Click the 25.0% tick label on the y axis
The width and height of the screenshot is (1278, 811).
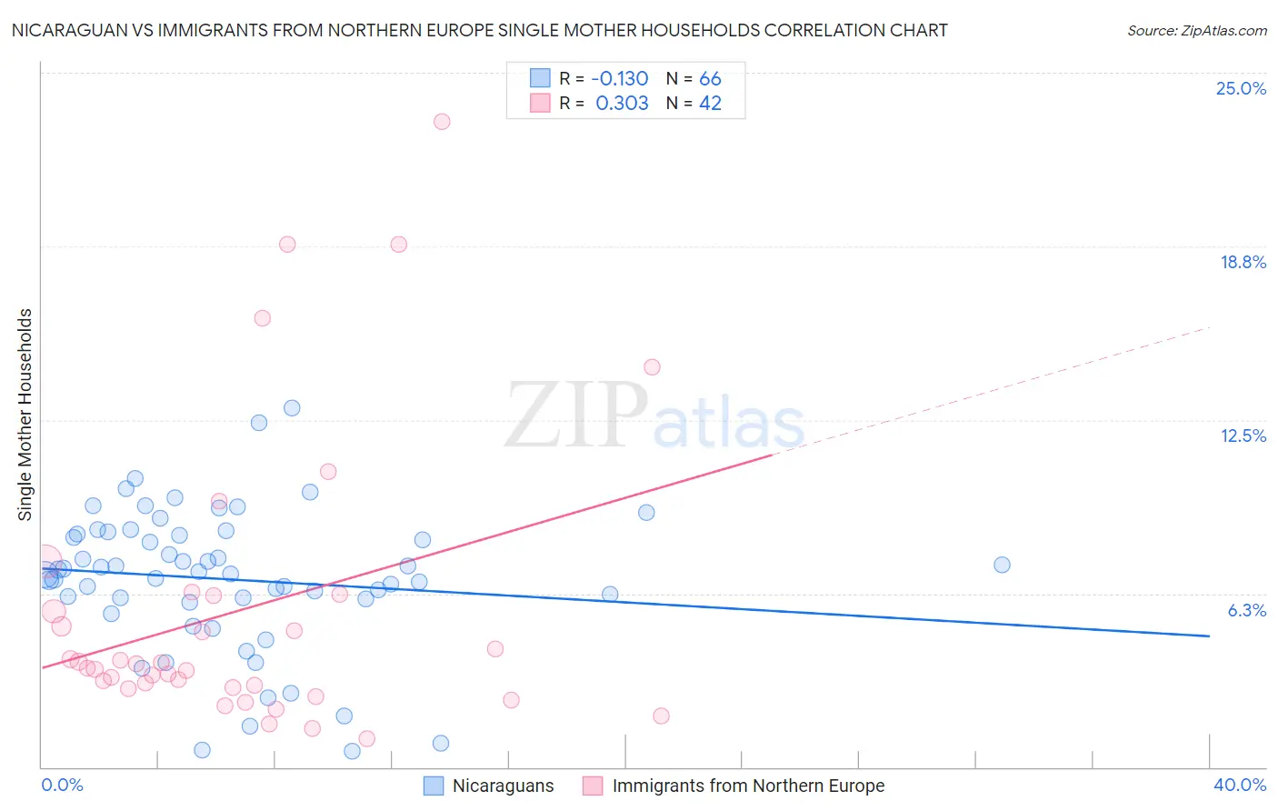[x=1241, y=88]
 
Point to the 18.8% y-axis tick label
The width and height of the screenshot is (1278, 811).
[x=1243, y=262]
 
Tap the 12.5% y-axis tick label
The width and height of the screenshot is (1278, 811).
[x=1243, y=436]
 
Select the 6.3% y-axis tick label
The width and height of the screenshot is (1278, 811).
[x=1246, y=610]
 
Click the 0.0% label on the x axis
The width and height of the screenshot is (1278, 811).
[x=62, y=785]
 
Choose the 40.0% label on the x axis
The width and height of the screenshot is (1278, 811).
[x=1240, y=785]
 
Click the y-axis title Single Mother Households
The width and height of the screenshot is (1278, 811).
[x=25, y=415]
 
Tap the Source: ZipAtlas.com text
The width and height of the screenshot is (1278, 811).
[x=1196, y=31]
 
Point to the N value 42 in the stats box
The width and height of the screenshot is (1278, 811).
[x=710, y=104]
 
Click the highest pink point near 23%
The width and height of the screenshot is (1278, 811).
[x=442, y=122]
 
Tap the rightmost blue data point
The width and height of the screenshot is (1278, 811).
[x=1002, y=565]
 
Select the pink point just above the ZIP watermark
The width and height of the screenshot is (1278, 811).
[x=652, y=367]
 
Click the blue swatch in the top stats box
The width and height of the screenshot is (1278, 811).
[x=540, y=78]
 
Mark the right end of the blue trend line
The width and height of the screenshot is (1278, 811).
[x=1209, y=636]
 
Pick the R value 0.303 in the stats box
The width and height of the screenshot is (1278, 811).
[x=622, y=104]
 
